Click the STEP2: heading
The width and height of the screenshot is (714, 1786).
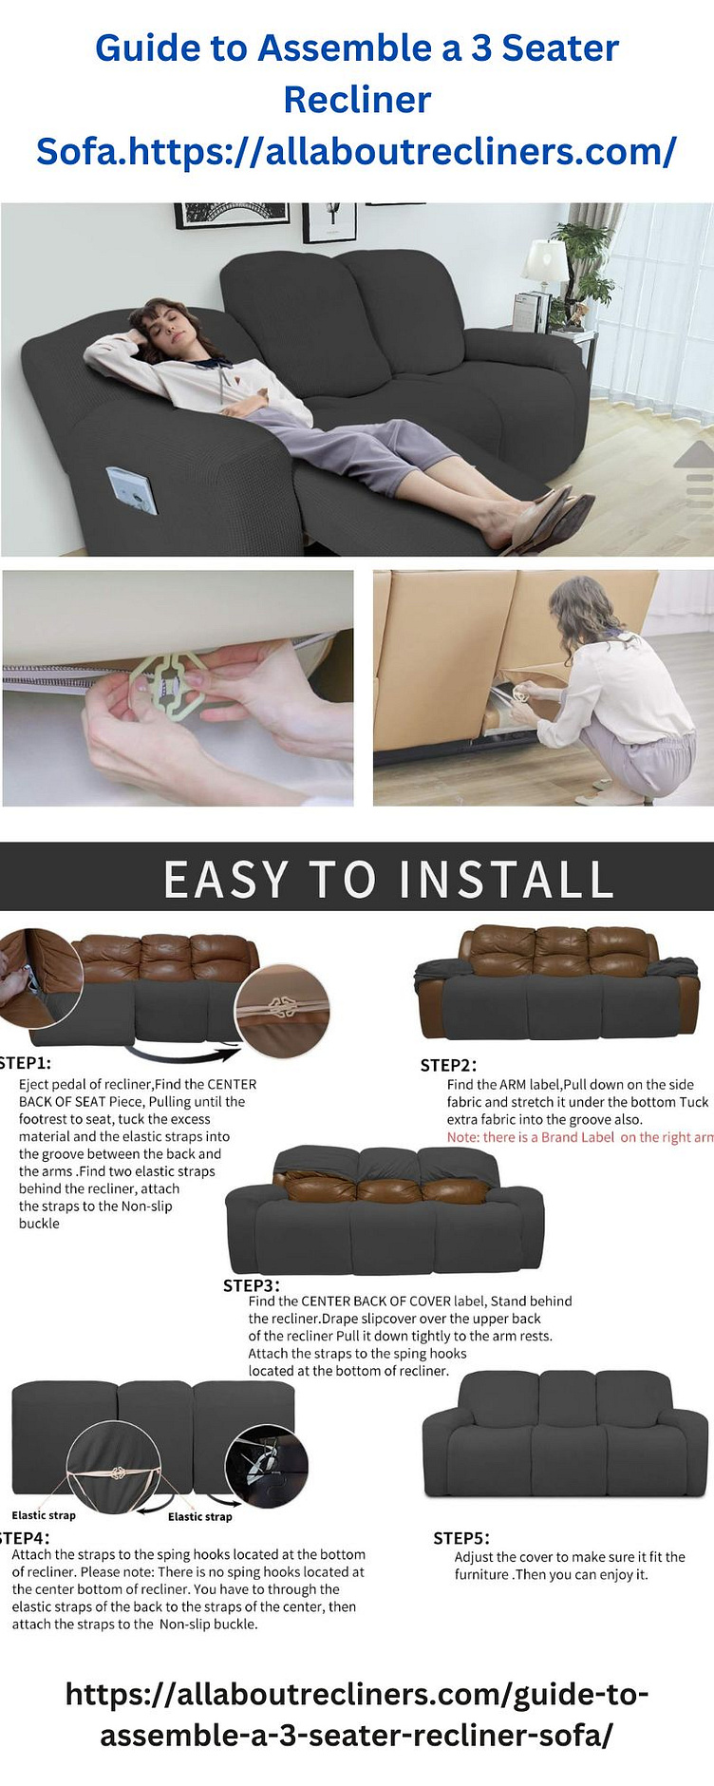click(448, 1065)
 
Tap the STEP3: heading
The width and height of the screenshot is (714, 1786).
click(251, 1284)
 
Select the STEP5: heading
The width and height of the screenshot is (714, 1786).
click(461, 1537)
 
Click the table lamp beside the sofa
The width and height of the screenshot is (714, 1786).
click(545, 261)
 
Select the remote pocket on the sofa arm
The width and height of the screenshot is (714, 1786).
click(132, 489)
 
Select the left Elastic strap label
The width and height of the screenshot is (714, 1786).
click(44, 1514)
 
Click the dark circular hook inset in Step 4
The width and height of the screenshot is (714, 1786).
click(266, 1465)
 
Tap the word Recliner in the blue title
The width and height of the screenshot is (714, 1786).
click(357, 100)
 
